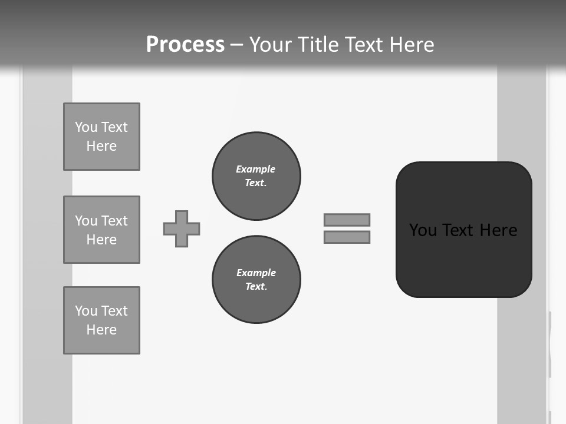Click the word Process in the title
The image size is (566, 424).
tap(185, 45)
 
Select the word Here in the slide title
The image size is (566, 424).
tap(412, 45)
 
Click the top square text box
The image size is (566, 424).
tap(101, 137)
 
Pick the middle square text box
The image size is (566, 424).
tap(101, 230)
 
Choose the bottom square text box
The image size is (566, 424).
tap(101, 320)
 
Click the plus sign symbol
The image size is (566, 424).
tap(182, 228)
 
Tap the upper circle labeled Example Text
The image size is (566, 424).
tap(256, 175)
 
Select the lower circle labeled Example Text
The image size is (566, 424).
tap(256, 279)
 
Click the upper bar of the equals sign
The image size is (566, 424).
tap(347, 220)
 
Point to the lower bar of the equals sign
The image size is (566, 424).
tap(347, 237)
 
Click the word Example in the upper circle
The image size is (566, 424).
tap(256, 169)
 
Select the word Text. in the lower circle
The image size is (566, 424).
tap(256, 286)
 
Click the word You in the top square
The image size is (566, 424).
tap(86, 127)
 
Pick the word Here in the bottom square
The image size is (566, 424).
tap(101, 330)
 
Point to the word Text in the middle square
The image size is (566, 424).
tap(114, 221)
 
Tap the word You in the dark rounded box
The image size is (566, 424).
tap(423, 230)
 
